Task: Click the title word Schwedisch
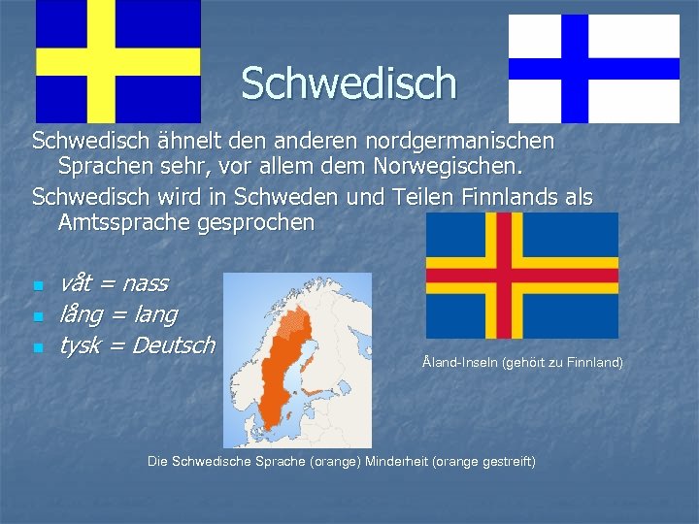click(x=349, y=82)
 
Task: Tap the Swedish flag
click(x=118, y=60)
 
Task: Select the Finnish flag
click(x=594, y=68)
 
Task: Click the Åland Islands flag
click(x=522, y=276)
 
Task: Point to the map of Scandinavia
click(x=297, y=359)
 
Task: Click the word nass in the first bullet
click(x=146, y=284)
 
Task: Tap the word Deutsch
click(x=173, y=345)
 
